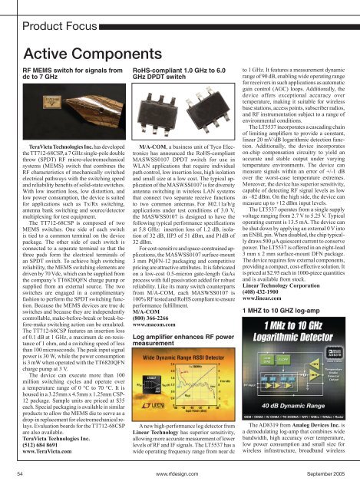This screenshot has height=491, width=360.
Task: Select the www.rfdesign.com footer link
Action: point(180,476)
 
